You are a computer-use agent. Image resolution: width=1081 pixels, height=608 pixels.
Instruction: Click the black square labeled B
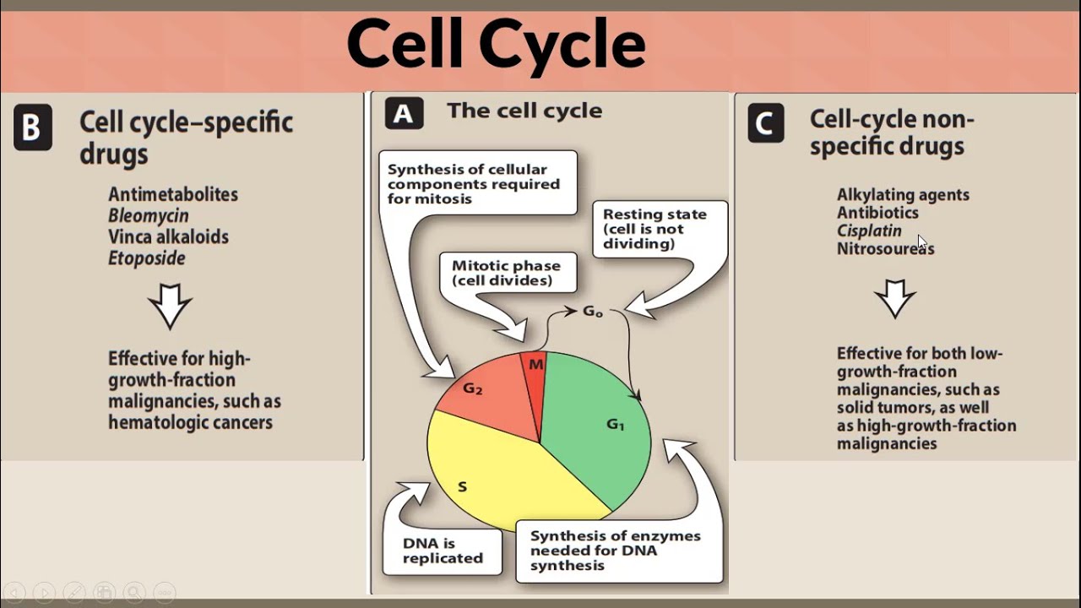tap(32, 128)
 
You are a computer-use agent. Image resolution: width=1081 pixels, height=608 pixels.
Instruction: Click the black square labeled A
tap(404, 113)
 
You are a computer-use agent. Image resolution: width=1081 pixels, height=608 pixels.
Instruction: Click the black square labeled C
tap(766, 124)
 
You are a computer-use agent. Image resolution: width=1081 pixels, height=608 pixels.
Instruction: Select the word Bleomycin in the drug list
tap(148, 215)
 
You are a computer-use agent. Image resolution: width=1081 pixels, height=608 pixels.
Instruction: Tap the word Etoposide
tap(146, 258)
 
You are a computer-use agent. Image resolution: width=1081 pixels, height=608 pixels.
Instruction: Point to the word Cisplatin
tap(869, 231)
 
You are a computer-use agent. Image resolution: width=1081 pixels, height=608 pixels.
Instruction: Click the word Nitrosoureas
tap(885, 249)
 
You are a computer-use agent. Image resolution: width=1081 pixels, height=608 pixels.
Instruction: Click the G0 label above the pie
tap(593, 312)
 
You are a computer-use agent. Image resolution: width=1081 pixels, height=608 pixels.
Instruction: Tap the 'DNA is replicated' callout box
tap(443, 551)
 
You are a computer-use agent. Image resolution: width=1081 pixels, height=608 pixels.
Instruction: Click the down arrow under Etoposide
tap(170, 305)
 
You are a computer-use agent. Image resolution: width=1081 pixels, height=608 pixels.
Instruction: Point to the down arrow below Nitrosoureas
tap(894, 299)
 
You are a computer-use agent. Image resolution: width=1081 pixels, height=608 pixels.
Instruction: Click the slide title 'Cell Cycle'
tap(496, 45)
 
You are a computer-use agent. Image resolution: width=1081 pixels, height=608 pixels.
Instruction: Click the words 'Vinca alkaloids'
tap(168, 237)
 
